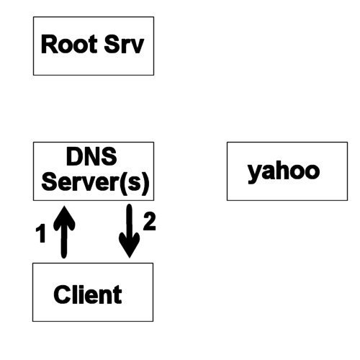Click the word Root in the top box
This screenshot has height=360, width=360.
point(69,44)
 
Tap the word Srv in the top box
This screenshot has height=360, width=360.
point(124,44)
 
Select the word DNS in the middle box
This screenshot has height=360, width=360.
point(91,156)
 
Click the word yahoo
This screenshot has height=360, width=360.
point(284,172)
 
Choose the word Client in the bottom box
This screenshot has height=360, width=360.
point(88,294)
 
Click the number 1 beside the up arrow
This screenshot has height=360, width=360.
point(41,233)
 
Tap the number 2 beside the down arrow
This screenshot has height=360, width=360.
point(150,222)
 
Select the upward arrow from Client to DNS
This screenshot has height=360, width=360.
point(64,232)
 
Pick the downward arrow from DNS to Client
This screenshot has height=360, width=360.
point(130,231)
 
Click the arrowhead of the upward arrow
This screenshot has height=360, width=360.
point(64,217)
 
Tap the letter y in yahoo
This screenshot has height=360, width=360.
point(254,174)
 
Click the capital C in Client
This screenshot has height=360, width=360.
point(62,294)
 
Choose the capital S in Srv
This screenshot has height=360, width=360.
point(112,44)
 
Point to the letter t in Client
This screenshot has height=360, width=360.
point(118,295)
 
